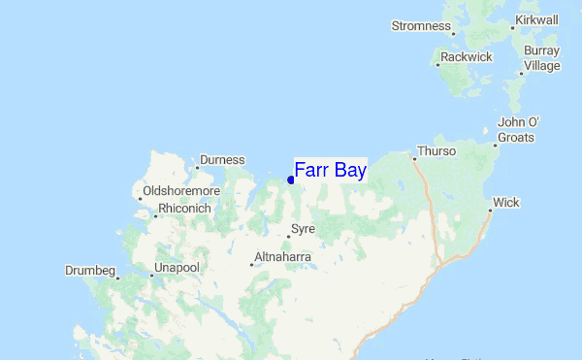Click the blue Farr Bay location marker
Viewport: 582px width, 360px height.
coord(291,180)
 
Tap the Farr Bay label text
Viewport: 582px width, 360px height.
coord(330,170)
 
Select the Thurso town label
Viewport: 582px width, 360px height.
coord(436,152)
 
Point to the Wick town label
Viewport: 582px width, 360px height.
coord(506,203)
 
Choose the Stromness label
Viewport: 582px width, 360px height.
coord(421,26)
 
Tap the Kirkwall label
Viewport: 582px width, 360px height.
coord(536,19)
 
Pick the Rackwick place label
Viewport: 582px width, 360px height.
coord(466,57)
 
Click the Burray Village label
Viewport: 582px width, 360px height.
coord(541,58)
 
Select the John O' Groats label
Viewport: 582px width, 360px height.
coord(518,130)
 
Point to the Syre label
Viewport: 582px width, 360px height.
coord(304,229)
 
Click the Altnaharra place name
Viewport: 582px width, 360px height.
coord(283,257)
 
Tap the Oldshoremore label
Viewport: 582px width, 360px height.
coord(181,191)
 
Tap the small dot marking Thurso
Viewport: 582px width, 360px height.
coord(414,158)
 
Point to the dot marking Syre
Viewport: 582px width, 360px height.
coord(288,236)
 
